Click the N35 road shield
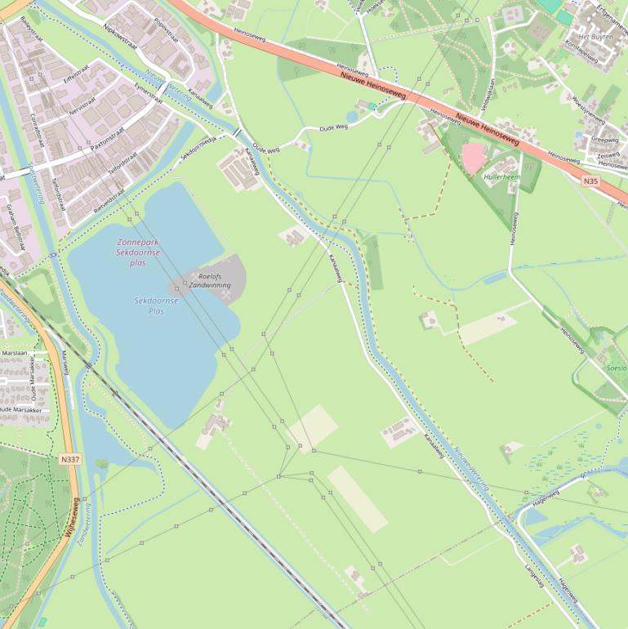[591, 180]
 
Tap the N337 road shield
[70, 460]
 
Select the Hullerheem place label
[501, 176]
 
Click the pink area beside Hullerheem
[473, 157]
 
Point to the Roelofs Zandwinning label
[209, 281]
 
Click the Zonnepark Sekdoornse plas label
[138, 252]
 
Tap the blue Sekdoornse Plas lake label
[155, 306]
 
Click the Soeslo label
[617, 368]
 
